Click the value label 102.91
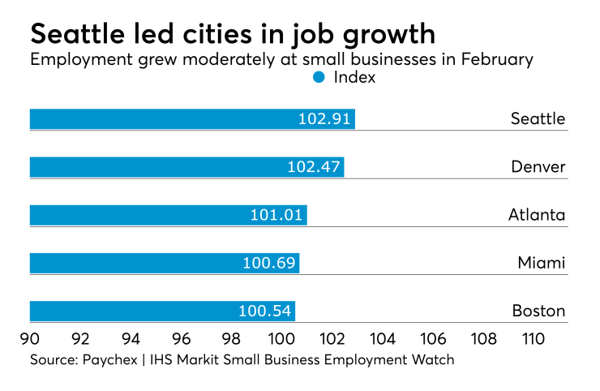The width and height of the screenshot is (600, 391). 324,119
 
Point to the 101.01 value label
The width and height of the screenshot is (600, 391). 276,215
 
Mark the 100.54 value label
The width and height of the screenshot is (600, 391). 264,311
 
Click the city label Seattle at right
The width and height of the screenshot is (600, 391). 538,119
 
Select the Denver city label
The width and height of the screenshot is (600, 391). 538,167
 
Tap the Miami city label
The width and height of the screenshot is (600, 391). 542,263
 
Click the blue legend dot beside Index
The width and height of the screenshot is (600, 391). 319,77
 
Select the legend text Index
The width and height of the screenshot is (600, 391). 355,78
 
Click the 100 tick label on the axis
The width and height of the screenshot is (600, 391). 282,335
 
